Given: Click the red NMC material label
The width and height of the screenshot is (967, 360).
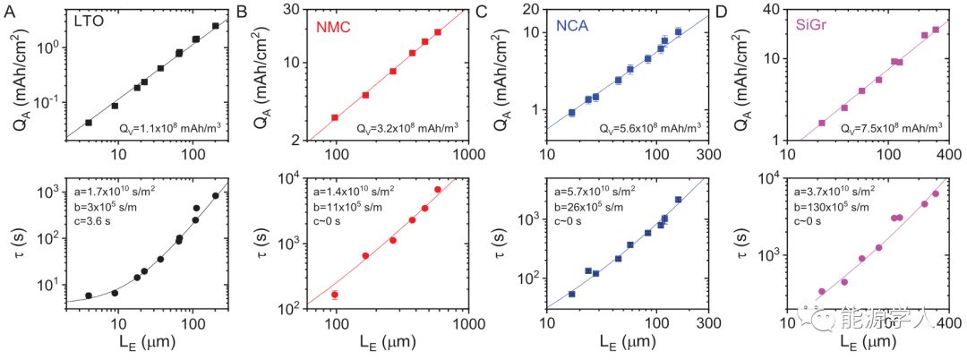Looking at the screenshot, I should pyautogui.click(x=331, y=29).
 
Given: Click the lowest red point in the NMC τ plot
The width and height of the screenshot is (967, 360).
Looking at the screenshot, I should pyautogui.click(x=335, y=295).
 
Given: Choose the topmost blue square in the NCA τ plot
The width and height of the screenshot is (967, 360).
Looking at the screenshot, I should pyautogui.click(x=678, y=200).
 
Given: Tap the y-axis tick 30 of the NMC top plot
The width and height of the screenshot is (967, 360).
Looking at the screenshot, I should pyautogui.click(x=293, y=11).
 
